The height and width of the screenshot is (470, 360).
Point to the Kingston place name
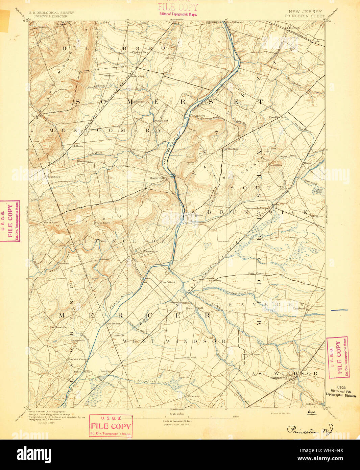click(x=196, y=215)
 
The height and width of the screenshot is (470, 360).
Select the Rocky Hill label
click(x=157, y=178)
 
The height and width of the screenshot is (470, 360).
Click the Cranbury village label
click(x=299, y=308)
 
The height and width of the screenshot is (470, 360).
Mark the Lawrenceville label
click(x=58, y=327)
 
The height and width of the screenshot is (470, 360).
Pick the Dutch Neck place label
click(x=189, y=357)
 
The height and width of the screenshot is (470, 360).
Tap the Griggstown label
click(x=198, y=116)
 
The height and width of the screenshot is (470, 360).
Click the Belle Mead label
click(x=137, y=76)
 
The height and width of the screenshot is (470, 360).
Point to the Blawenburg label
click(x=84, y=161)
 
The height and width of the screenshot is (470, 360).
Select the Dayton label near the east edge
click(x=314, y=216)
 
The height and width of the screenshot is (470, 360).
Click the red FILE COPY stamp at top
click(x=178, y=9)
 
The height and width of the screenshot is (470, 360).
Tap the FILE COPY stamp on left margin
click(x=10, y=221)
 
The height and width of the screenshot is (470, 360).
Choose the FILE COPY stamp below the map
click(x=111, y=426)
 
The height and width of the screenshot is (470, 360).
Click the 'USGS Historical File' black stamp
click(x=341, y=392)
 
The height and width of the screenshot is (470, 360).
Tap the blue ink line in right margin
click(x=339, y=309)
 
